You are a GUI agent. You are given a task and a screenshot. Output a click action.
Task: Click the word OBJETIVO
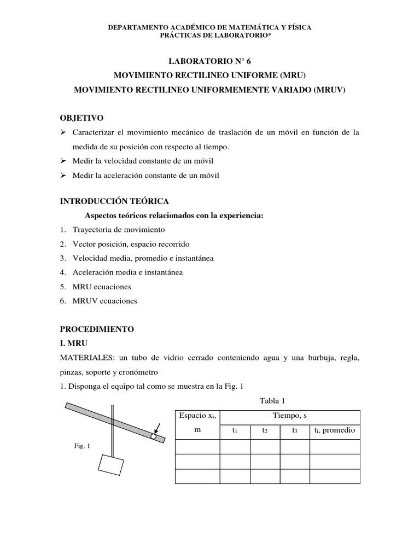(x=81, y=118)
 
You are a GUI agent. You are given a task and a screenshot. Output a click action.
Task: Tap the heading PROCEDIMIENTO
(x=97, y=329)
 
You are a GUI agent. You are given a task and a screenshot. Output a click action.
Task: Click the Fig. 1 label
(x=82, y=446)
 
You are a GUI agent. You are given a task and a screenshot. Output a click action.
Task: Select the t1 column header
(x=235, y=431)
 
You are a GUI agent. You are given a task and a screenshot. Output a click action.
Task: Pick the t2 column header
(x=265, y=431)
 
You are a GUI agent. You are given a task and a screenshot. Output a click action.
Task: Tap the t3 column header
(x=295, y=431)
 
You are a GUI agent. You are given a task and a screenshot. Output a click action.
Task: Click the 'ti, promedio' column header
(x=335, y=430)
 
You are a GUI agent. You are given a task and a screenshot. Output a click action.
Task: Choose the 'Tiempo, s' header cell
(x=290, y=416)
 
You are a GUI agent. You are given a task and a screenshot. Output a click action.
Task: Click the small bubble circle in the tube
(x=154, y=436)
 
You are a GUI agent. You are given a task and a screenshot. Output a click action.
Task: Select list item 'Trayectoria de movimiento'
(x=118, y=230)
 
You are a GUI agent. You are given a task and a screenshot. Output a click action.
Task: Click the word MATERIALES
(x=87, y=358)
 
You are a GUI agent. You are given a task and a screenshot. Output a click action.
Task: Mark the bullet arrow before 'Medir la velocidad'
(x=63, y=161)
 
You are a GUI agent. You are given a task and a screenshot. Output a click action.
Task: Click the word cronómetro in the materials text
(x=135, y=372)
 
